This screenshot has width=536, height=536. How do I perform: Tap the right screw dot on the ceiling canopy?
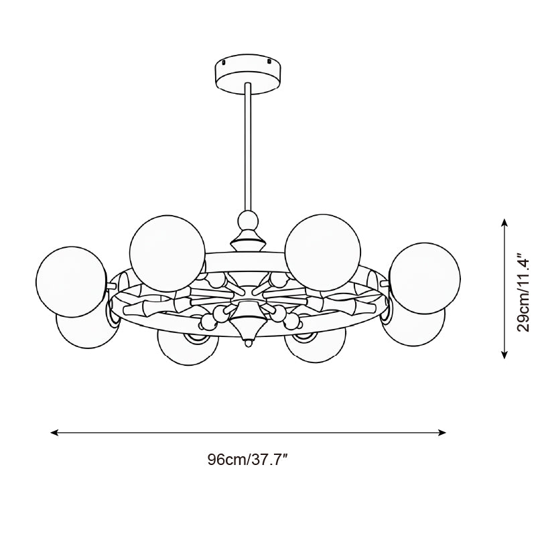tap(270, 61)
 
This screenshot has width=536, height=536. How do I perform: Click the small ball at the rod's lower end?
tap(247, 219)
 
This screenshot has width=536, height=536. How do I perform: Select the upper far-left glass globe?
tap(71, 280)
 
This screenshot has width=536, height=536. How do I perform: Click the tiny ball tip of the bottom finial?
tap(247, 344)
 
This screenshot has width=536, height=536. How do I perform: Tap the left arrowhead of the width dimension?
tap(54, 433)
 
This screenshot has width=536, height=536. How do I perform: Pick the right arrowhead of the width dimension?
tap(443, 433)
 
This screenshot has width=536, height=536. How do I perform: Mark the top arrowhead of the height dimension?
tap(505, 220)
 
